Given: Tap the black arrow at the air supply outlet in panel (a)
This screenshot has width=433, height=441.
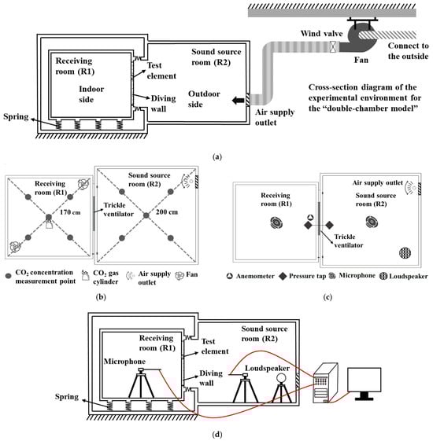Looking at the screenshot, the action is [x=238, y=100].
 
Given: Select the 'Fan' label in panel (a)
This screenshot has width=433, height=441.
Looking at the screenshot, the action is [x=361, y=60].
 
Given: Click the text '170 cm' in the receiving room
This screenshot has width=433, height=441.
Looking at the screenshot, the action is [x=70, y=212].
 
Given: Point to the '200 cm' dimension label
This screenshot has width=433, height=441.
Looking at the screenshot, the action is [x=167, y=212].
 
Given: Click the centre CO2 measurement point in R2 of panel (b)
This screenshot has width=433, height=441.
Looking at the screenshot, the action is [x=146, y=215].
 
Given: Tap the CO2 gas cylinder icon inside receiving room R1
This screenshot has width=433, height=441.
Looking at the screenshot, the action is [x=49, y=224].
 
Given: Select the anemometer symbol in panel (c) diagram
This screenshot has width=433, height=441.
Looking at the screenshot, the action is [x=310, y=218].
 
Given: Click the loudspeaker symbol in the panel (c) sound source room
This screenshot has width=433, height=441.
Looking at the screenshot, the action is [x=405, y=252].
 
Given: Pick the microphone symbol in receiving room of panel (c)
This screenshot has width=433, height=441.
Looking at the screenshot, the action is [x=276, y=222].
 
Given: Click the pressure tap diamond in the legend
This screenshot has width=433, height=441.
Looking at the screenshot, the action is [x=283, y=276].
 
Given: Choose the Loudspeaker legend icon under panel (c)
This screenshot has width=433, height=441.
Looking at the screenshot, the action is [x=383, y=276].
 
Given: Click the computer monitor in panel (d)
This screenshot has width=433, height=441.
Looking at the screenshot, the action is [x=365, y=384].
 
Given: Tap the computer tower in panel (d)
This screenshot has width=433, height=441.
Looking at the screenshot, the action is [x=325, y=383].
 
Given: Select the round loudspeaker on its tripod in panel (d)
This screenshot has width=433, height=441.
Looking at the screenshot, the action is [x=281, y=388].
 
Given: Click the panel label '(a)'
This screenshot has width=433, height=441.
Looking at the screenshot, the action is [x=217, y=157].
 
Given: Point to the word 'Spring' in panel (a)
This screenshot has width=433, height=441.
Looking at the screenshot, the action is [x=16, y=117].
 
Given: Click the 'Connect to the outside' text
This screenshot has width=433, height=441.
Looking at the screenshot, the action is [x=408, y=51].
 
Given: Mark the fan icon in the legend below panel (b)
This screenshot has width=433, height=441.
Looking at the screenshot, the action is [x=179, y=276].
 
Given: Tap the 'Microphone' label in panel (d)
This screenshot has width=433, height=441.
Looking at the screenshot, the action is [x=124, y=362].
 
